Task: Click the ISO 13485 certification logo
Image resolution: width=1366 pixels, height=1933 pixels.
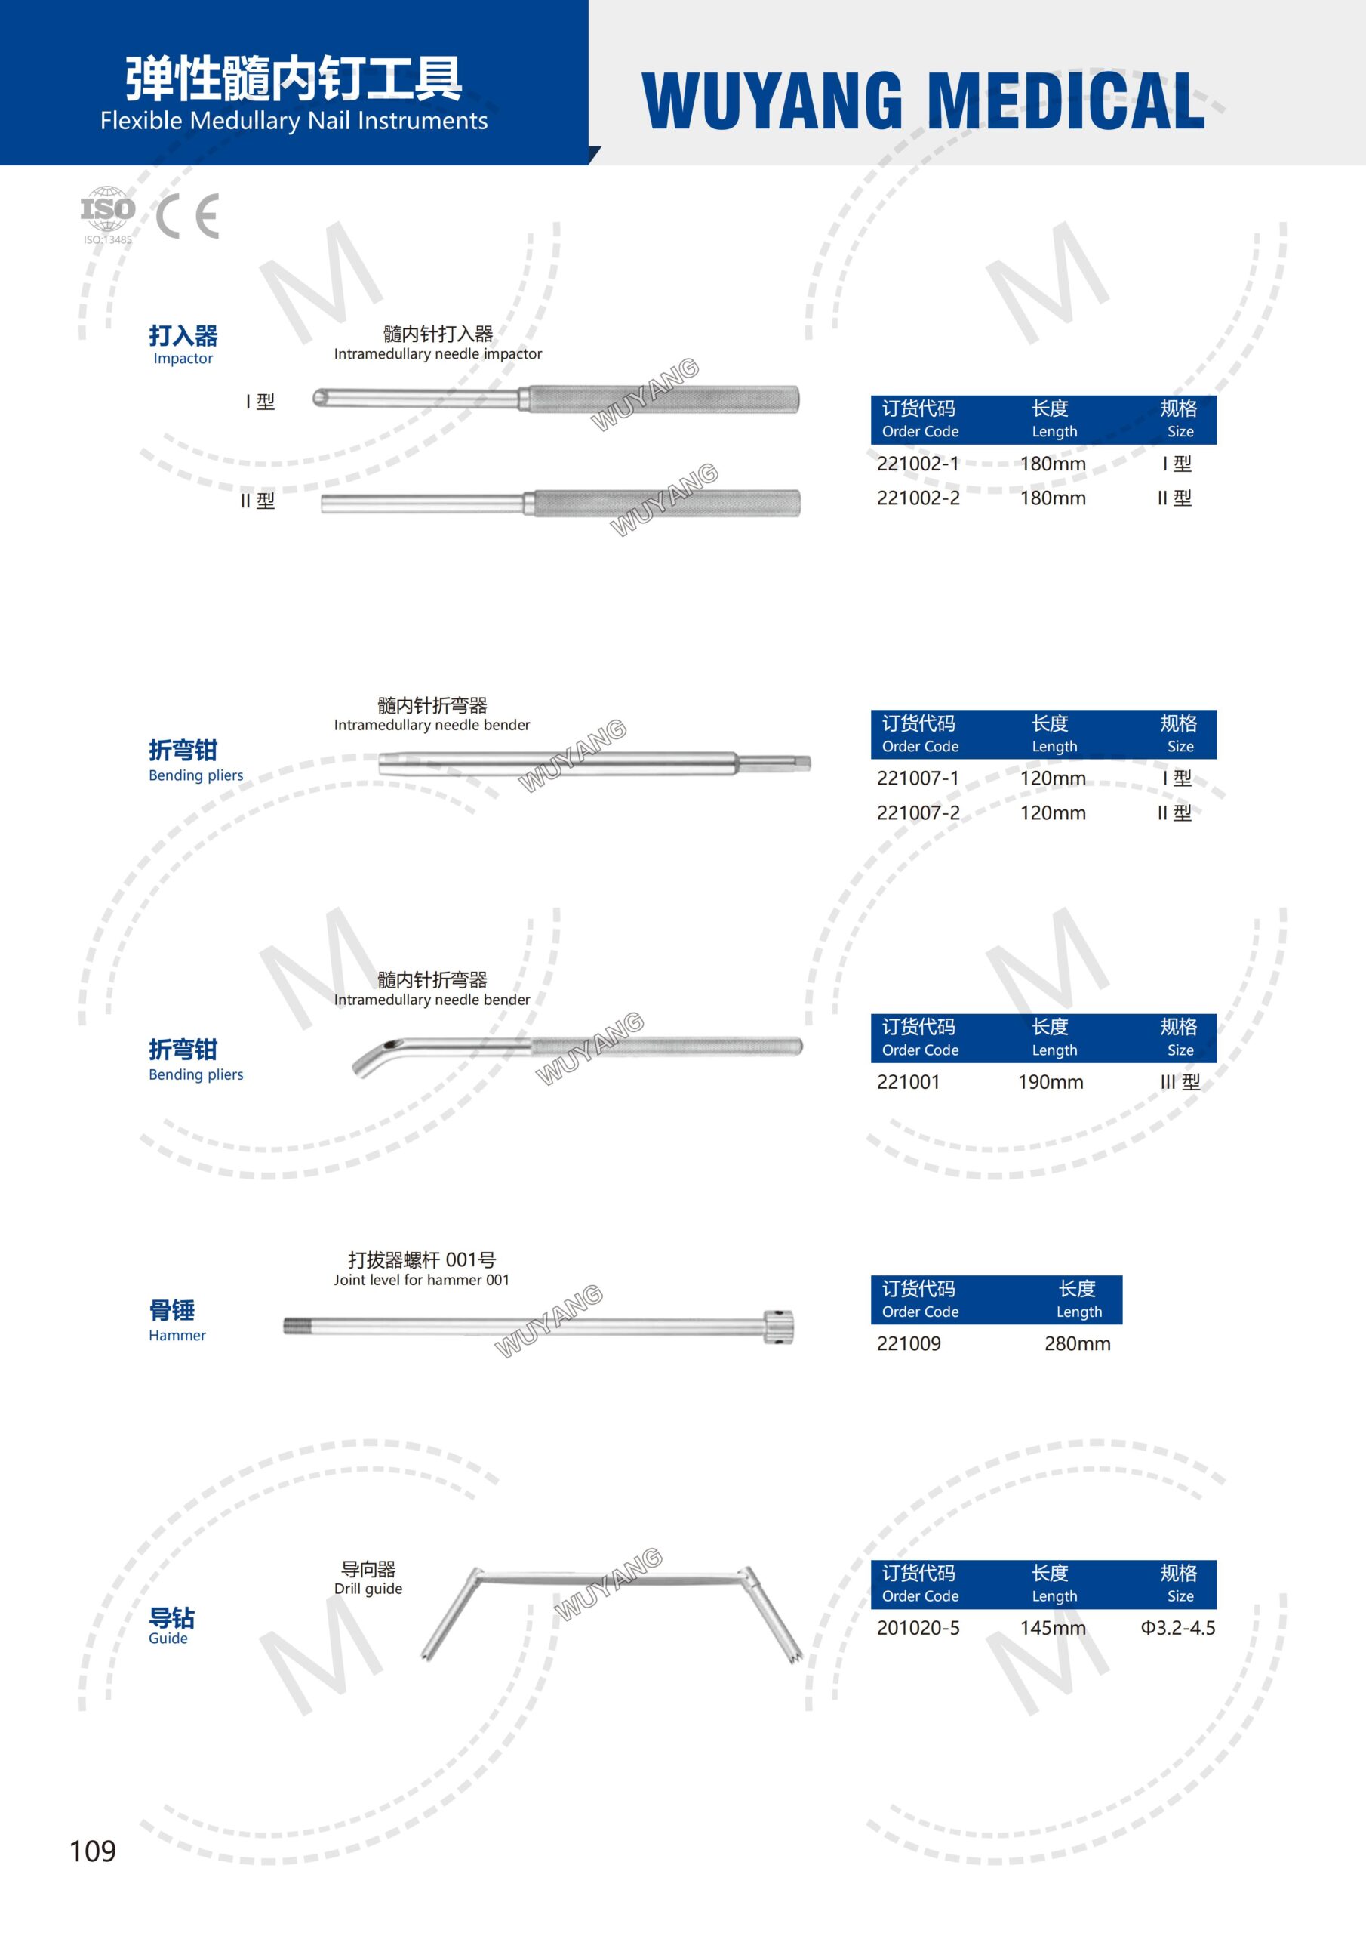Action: coord(107,214)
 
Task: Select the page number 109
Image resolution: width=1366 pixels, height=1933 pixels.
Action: coord(93,1851)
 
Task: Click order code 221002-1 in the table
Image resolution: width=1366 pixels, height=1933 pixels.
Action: coord(918,464)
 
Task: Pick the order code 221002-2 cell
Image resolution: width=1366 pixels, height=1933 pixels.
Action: coord(918,498)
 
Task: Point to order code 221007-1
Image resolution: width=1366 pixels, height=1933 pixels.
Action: coord(918,778)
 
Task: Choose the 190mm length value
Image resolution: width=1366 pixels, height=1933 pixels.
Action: coord(1051,1083)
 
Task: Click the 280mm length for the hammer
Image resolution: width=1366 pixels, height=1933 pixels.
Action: coord(1077,1344)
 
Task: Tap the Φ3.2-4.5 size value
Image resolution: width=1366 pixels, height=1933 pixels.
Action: coord(1177,1628)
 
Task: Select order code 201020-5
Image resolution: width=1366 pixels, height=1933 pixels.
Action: coord(918,1628)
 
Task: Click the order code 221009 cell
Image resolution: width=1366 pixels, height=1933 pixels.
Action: coord(909,1344)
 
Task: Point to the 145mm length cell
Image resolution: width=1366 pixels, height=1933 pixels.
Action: coord(1052,1628)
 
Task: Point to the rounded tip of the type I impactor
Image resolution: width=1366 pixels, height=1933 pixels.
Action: coord(321,398)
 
